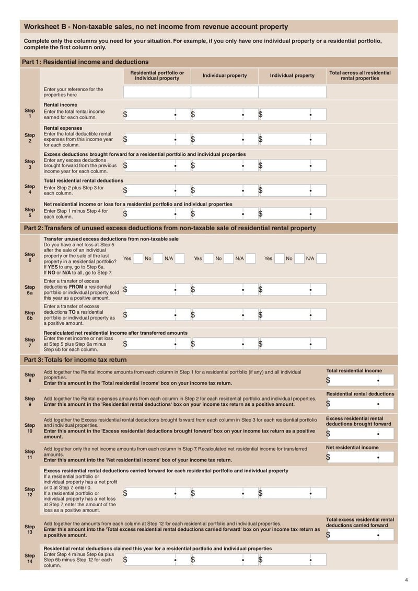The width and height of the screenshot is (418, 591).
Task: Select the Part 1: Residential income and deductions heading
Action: pyautogui.click(x=85, y=62)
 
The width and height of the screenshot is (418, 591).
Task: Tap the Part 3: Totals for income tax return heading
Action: pyautogui.click(x=75, y=360)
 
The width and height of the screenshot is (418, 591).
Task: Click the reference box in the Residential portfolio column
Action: pyautogui.click(x=157, y=92)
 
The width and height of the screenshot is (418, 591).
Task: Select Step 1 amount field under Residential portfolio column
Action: pyautogui.click(x=157, y=115)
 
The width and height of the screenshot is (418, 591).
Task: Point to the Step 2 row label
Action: pyautogui.click(x=30, y=138)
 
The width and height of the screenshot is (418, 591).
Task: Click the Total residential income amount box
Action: pyautogui.click(x=359, y=380)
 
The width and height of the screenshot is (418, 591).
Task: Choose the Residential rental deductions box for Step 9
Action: pyautogui.click(x=359, y=404)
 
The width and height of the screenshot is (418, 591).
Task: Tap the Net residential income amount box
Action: pyautogui.click(x=359, y=457)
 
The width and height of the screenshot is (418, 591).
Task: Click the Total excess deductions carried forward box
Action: pyautogui.click(x=359, y=535)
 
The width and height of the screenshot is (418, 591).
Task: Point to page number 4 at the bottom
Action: pyautogui.click(x=407, y=579)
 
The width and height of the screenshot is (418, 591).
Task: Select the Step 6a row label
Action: pyautogui.click(x=30, y=290)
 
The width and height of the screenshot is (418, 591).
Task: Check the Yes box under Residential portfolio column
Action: pyautogui.click(x=138, y=258)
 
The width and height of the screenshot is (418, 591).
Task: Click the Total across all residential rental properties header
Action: pyautogui.click(x=360, y=75)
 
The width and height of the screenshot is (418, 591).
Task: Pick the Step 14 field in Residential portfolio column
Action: pyautogui.click(x=157, y=560)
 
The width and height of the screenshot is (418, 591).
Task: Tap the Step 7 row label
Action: pyautogui.click(x=30, y=343)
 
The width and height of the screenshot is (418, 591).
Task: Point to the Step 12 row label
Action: pyautogui.click(x=30, y=492)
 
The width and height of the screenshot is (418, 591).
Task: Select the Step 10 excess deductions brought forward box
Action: pyautogui.click(x=359, y=434)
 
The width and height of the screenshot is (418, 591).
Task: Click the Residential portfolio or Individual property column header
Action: pyautogui.click(x=157, y=75)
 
